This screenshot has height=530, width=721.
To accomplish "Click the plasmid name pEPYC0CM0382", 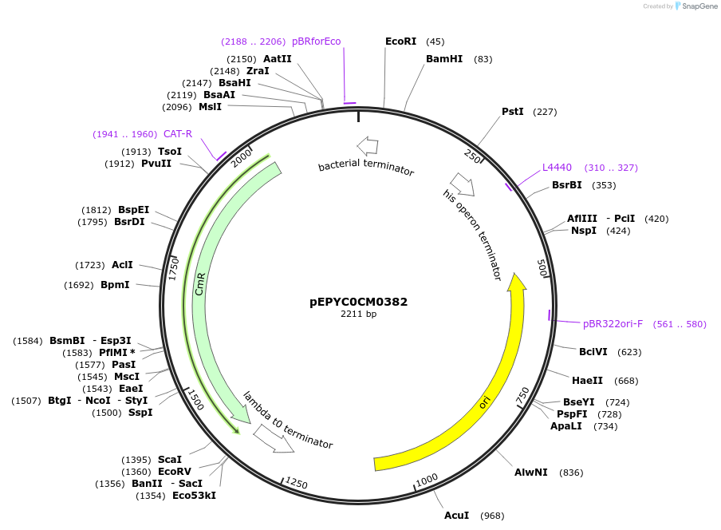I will point(358,303).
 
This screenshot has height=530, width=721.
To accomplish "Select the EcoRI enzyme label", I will point(400,42).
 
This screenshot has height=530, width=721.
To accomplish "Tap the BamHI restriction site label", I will point(444,59).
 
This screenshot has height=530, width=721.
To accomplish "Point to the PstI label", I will point(513,112).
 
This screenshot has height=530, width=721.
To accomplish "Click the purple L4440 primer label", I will point(557,168).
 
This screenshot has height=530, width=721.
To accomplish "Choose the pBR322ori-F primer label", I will point(613,324).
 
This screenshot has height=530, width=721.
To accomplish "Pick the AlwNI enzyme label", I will point(531,473).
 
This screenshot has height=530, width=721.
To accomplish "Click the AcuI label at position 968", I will point(456,516).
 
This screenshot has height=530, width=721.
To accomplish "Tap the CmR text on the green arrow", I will point(200,284).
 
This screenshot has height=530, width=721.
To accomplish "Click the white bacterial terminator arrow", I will point(368,145).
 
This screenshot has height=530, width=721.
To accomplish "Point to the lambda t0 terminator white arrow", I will point(274,439).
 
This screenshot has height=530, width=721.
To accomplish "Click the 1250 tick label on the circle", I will point(296,484).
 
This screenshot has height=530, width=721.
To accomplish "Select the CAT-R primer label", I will point(178,134).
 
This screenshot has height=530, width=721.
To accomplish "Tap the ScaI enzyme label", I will point(170,460).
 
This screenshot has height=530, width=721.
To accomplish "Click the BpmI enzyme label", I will point(115,285).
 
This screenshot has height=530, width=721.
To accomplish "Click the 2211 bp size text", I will point(358,314).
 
